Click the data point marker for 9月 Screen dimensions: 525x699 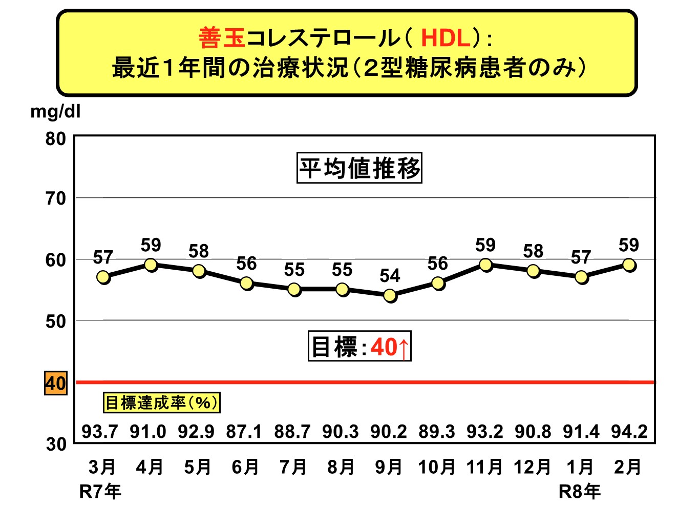tap(390, 296)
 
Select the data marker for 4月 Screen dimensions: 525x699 tap(151, 265)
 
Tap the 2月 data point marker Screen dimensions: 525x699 tap(629, 265)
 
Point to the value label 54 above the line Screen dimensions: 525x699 tap(390, 276)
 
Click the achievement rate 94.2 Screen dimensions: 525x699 tap(629, 432)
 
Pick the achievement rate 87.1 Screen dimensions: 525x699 tap(244, 432)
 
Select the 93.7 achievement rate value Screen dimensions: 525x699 tap(100, 432)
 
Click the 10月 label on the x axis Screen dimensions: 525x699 tap(436, 467)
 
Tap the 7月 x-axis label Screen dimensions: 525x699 tap(293, 467)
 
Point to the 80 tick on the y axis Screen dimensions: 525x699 tap(55, 139)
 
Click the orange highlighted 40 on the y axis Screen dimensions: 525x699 tap(55, 383)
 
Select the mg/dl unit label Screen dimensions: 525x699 tap(55, 111)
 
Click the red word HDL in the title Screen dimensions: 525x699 tap(445, 38)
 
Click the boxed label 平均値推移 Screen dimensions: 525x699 tap(359, 168)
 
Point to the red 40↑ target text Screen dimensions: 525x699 tap(390, 347)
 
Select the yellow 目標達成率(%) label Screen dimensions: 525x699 tap(161, 402)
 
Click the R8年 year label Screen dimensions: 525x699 tap(579, 492)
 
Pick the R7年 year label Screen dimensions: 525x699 tap(100, 492)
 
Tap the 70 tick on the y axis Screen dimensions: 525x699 tap(55, 198)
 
